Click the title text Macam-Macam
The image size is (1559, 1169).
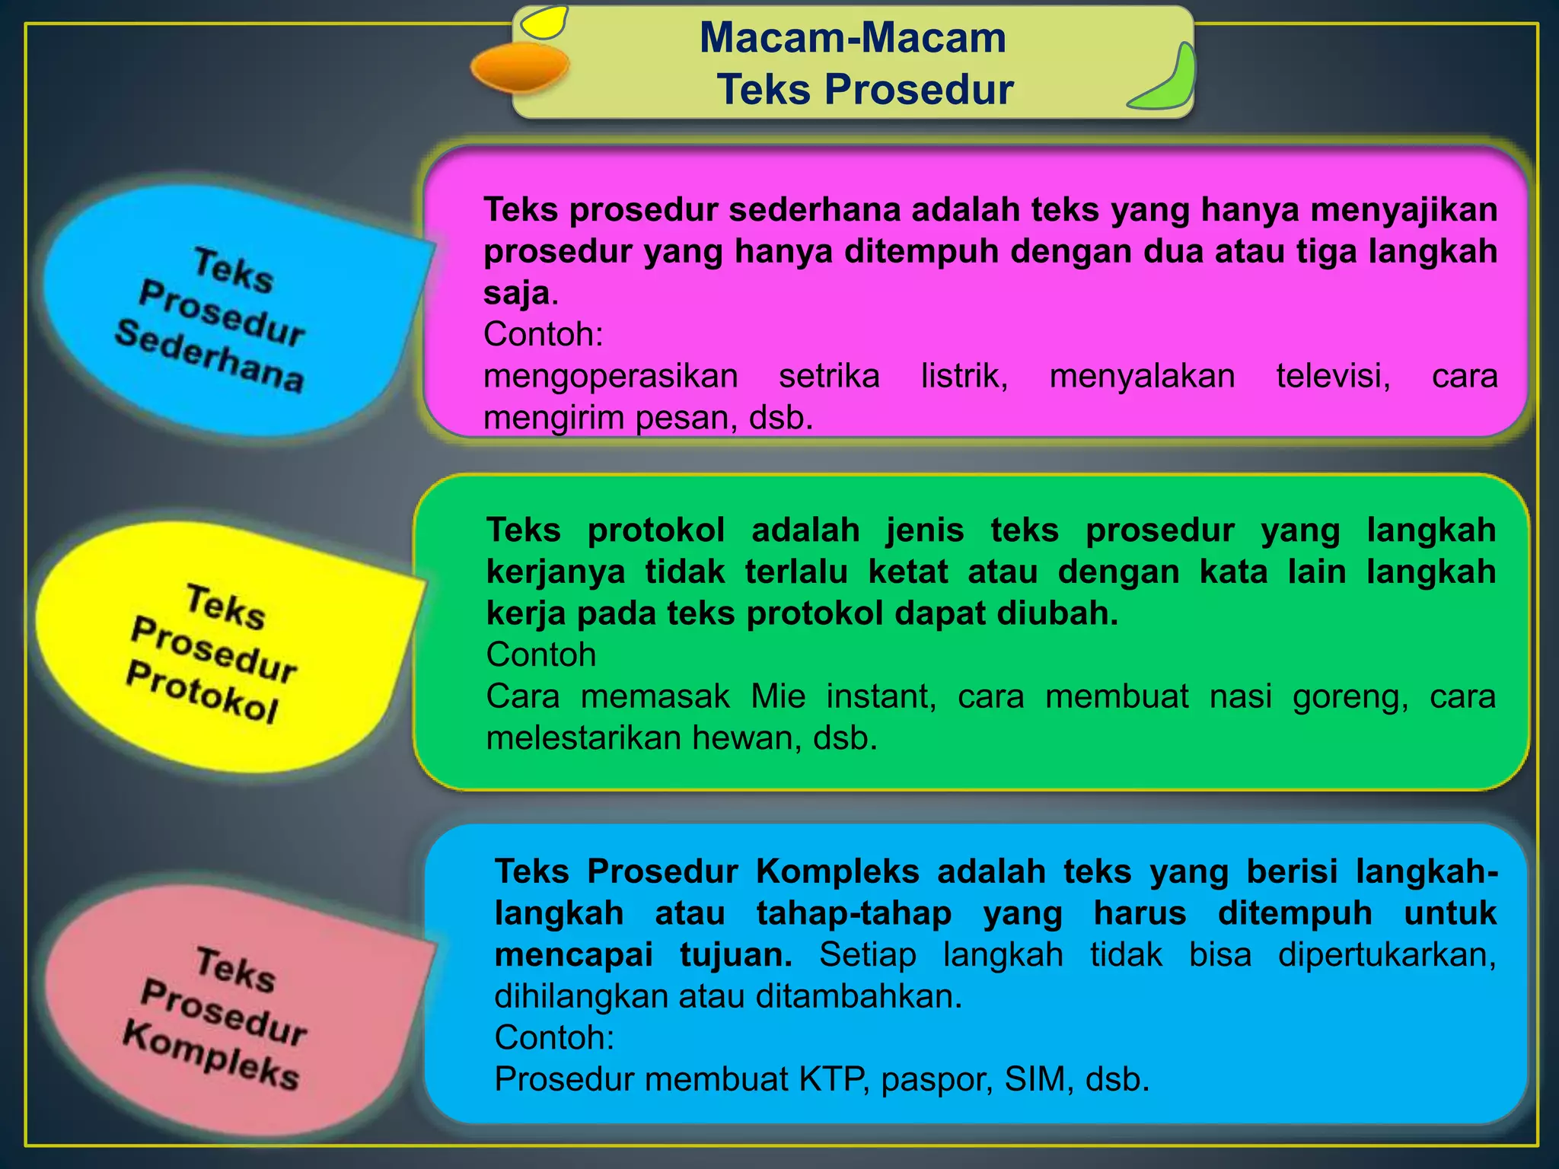[x=853, y=38]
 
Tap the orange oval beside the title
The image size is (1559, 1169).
[x=520, y=67]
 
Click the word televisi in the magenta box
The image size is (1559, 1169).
[x=1333, y=376]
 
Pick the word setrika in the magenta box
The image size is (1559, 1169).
[x=829, y=376]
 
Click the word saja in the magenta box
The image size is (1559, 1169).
[x=516, y=293]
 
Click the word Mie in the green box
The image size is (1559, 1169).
[x=777, y=696]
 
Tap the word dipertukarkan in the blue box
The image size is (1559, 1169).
[x=1385, y=955]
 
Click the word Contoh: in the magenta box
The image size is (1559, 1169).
[x=544, y=334]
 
